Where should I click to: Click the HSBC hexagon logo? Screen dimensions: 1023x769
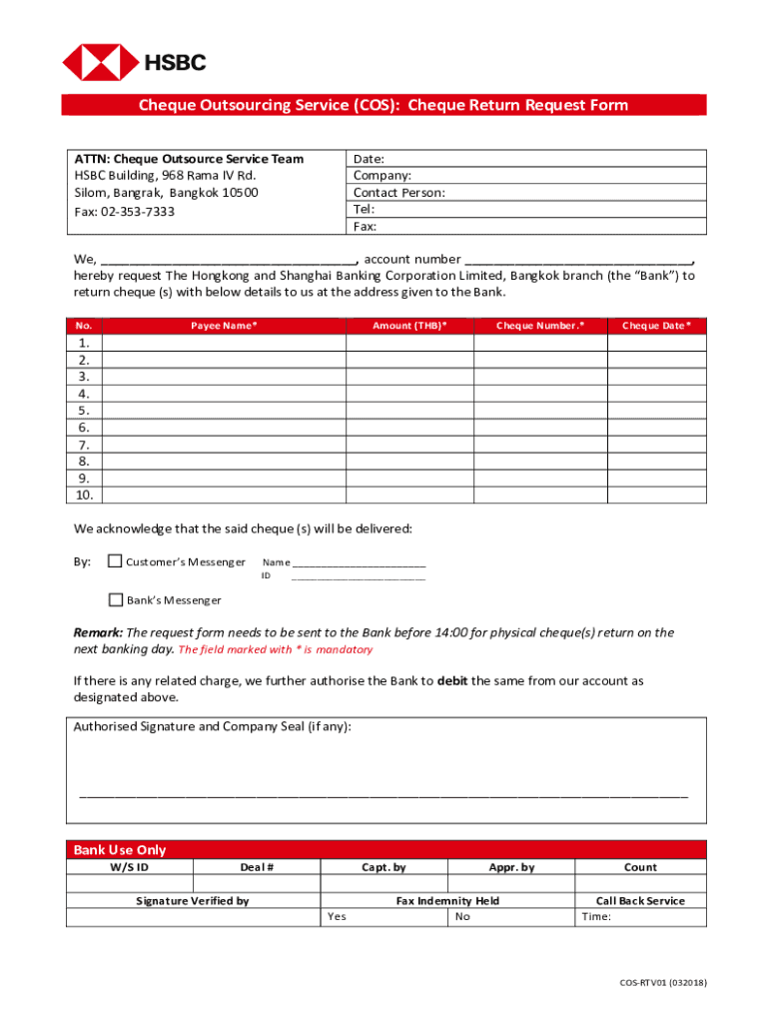coord(100,62)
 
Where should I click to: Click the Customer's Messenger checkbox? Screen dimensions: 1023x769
coord(115,560)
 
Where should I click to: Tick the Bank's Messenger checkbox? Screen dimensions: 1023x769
coord(115,599)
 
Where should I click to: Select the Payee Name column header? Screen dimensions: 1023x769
coord(225,326)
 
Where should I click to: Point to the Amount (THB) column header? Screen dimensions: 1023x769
coord(409,326)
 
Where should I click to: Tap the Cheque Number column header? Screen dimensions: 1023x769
coord(540,326)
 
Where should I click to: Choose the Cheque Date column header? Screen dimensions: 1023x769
coord(656,326)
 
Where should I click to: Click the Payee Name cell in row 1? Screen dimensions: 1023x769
coord(225,343)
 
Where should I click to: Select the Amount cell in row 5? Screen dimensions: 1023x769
coord(409,411)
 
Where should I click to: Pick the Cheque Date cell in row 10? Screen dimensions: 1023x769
coord(656,496)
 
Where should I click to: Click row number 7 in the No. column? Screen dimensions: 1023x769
coord(84,445)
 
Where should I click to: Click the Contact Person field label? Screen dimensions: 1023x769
coord(399,193)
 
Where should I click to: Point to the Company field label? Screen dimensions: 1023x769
coord(383,176)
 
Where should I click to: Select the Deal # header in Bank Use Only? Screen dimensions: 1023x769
coord(257,867)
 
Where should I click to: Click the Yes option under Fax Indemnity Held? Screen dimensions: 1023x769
coord(337,916)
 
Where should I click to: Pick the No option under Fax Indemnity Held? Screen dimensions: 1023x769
coord(462,916)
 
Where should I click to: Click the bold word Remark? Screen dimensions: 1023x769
coord(98,632)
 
